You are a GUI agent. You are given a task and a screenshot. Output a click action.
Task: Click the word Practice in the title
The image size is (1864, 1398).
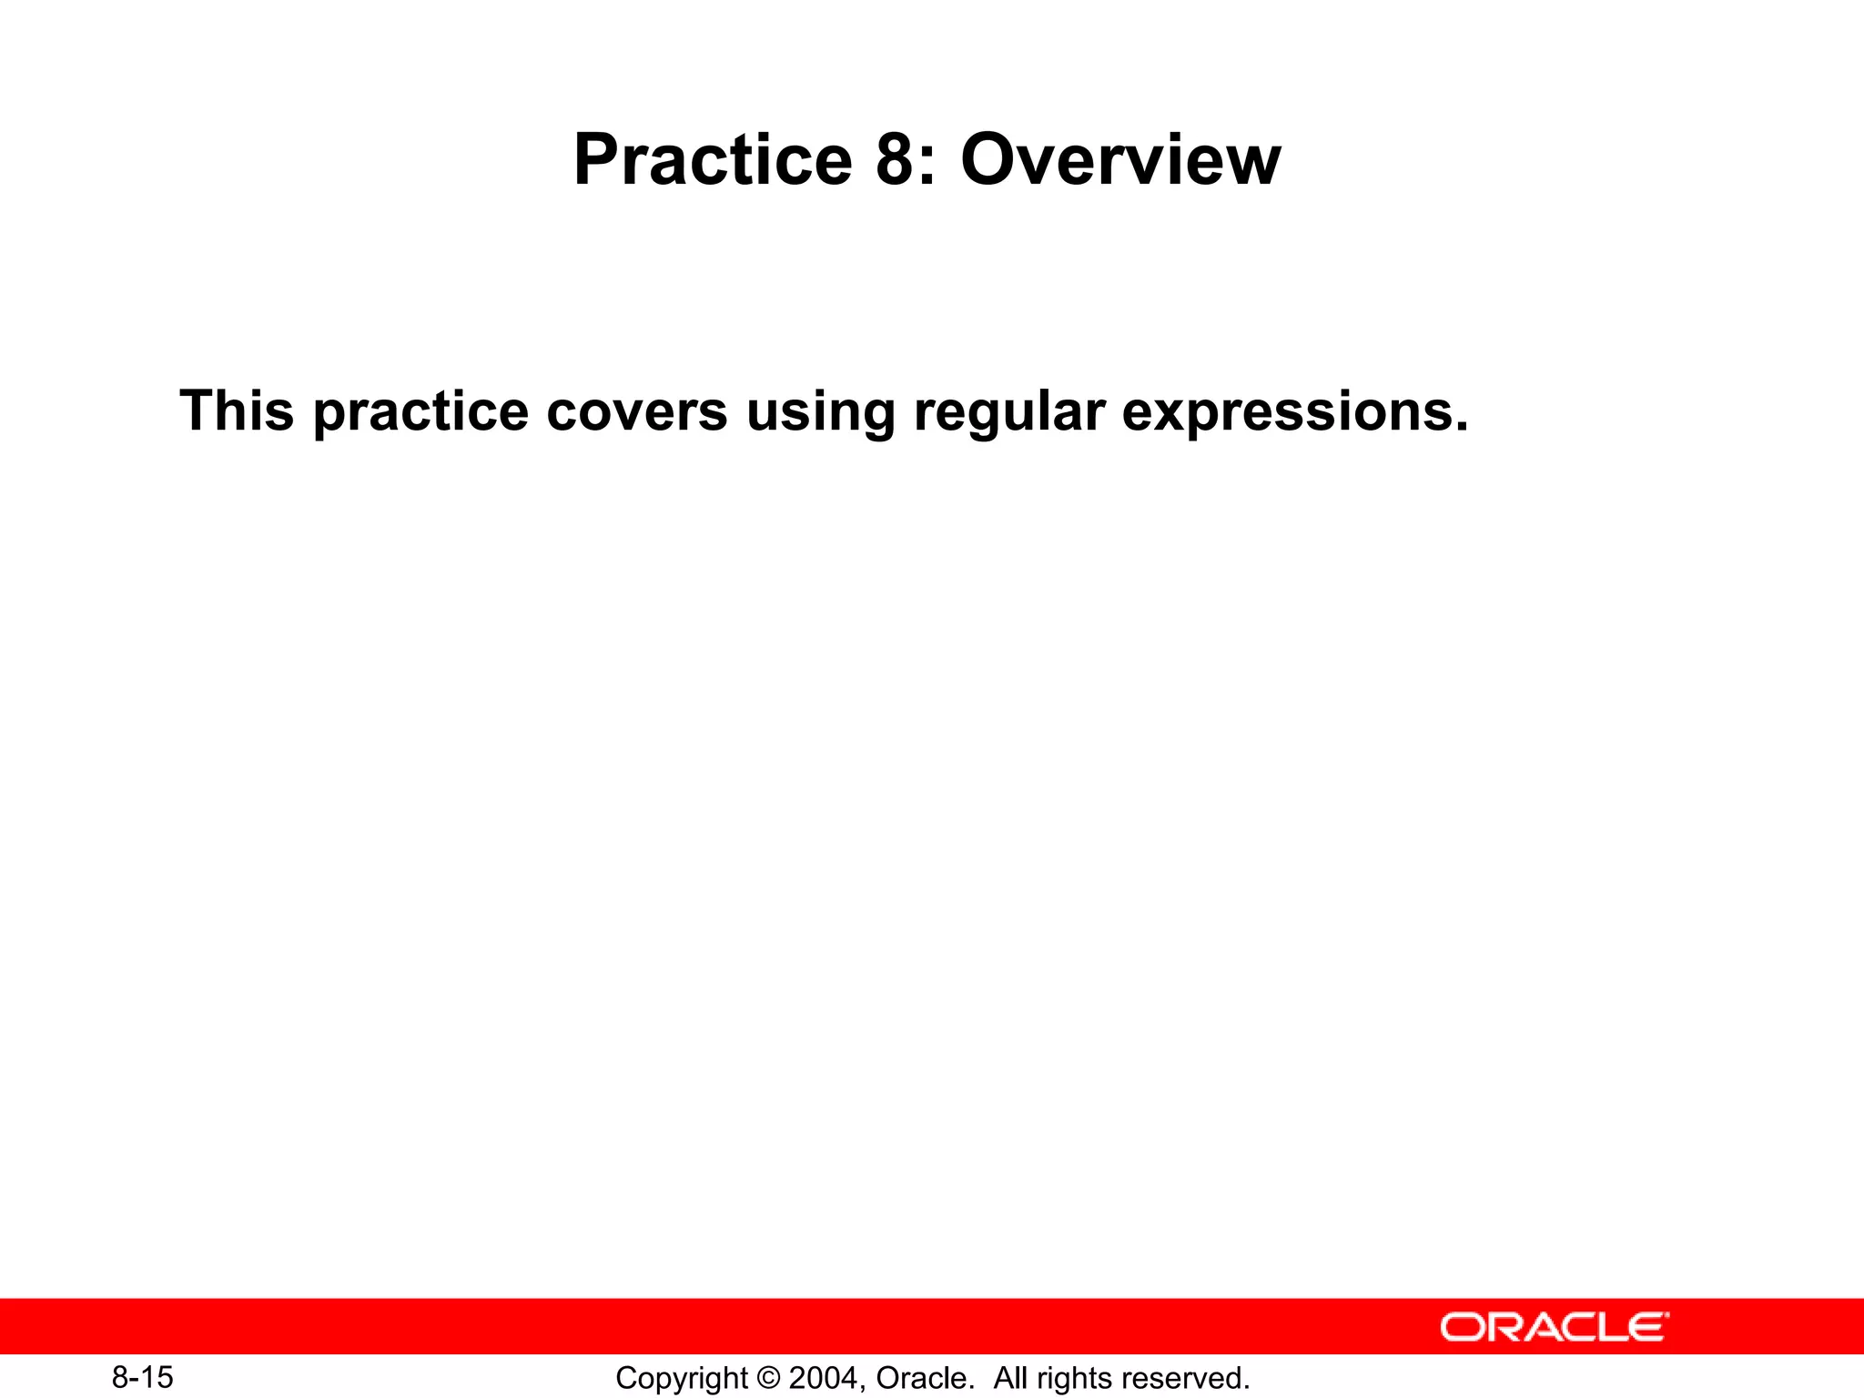[713, 160]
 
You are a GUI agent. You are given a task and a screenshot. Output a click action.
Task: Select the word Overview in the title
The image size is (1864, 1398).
[1120, 160]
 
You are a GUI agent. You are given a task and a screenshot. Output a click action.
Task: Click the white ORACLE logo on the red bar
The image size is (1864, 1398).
[1555, 1327]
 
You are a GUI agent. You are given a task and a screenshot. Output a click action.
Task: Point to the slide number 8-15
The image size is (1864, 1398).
[143, 1377]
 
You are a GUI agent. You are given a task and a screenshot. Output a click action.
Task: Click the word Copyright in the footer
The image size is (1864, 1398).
[681, 1379]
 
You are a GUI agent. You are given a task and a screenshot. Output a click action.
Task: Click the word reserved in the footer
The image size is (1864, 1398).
[1187, 1378]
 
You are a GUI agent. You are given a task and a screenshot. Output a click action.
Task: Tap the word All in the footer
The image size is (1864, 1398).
[1010, 1378]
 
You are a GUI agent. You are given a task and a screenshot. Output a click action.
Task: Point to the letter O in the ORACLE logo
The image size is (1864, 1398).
[1464, 1327]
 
